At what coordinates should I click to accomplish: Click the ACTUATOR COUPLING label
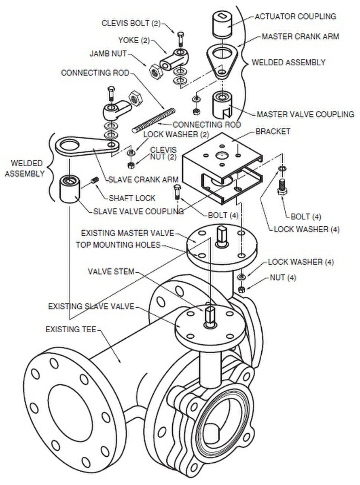295,17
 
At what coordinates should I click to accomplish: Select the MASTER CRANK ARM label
300,36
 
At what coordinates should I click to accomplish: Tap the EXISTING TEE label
71,330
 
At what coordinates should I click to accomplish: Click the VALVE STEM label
111,272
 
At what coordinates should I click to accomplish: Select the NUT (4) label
283,278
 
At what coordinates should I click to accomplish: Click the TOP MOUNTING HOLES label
118,245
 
